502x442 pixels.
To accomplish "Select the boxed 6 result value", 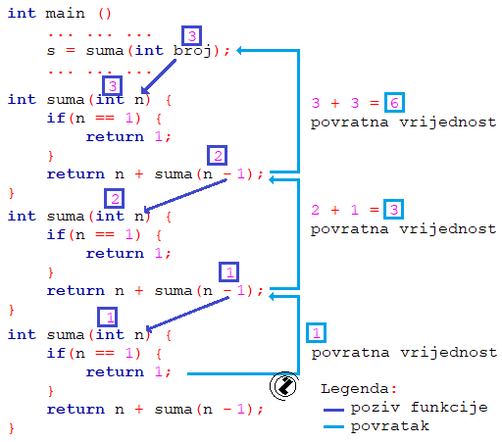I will (x=394, y=103).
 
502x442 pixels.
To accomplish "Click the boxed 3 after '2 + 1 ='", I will (x=392, y=210).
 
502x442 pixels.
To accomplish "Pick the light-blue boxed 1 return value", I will (x=315, y=332).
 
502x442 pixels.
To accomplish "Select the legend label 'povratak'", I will (x=393, y=427).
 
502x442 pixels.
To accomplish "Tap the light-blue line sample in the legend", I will (x=338, y=427).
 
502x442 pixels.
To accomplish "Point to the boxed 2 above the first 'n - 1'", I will (x=218, y=156).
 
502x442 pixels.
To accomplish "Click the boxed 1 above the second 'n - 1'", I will (x=228, y=271).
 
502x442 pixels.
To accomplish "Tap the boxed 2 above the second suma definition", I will (x=114, y=199).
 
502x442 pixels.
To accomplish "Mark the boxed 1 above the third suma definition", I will (x=109, y=317).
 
